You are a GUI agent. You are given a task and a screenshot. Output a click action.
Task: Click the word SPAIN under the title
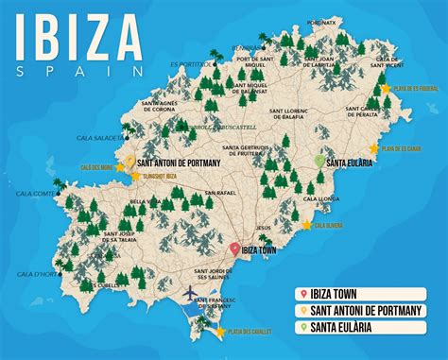click(80, 70)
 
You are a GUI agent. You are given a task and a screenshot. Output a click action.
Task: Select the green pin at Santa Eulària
click(319, 162)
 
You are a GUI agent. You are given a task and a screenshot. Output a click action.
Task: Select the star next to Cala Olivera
click(306, 225)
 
